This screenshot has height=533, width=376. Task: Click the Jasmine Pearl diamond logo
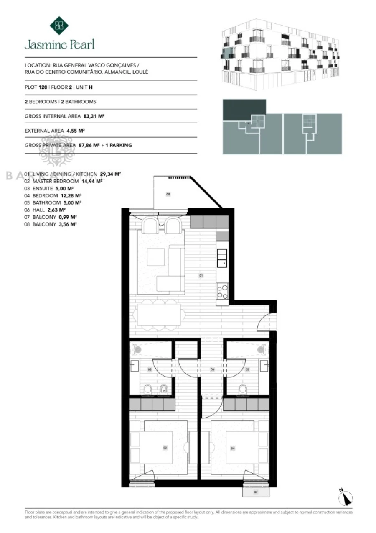59,25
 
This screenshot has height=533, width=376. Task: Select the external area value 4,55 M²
76,131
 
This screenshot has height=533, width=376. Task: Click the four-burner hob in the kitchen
222,291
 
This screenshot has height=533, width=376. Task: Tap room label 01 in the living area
201,276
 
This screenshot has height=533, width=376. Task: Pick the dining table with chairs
159,314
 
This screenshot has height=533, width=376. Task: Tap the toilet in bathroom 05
242,390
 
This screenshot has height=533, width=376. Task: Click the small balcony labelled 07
256,492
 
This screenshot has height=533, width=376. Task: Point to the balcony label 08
168,195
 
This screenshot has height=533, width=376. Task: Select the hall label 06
212,369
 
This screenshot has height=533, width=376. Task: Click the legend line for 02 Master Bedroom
63,181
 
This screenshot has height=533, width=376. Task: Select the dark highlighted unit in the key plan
244,110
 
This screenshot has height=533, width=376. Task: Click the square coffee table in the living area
155,257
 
